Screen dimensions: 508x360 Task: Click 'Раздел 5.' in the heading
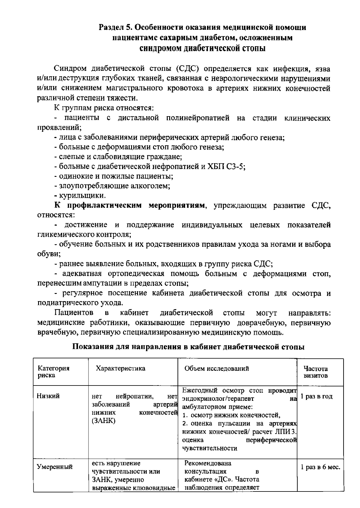115,28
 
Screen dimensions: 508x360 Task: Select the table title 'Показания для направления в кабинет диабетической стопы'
189,347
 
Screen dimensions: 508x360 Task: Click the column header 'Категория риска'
53,372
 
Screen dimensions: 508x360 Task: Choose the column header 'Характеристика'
120,368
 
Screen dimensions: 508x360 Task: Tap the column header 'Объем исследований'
217,368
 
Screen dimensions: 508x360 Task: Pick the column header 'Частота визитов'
315,372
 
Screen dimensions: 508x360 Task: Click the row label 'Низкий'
48,396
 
